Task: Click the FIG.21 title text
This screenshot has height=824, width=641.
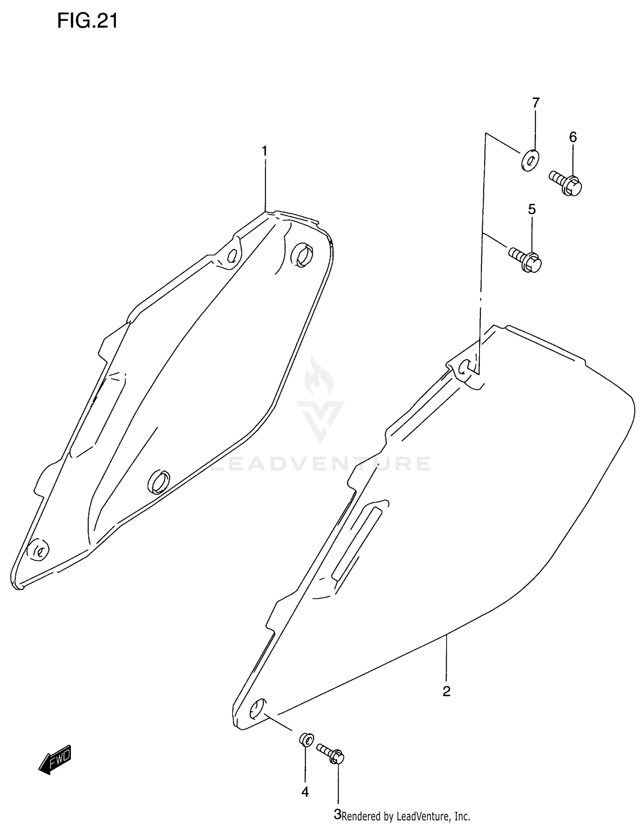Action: point(87,21)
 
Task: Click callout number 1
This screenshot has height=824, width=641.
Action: point(265,151)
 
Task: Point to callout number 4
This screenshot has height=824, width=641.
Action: point(305,792)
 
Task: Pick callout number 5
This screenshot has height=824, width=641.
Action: point(532,209)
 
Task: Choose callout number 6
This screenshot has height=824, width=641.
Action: point(573,137)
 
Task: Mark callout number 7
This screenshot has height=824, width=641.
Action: point(535,103)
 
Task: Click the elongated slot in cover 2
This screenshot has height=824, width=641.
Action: point(356,541)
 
